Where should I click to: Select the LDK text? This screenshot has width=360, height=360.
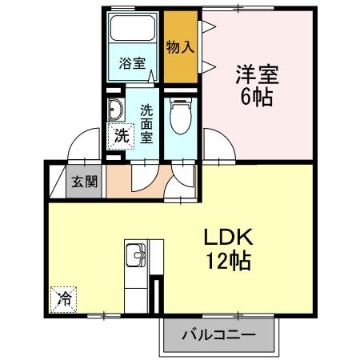coord(229,238)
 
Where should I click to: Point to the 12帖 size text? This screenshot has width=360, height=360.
coord(229,261)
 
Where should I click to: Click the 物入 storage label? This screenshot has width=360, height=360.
coord(181,46)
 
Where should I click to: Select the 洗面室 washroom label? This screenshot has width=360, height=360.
coord(146,124)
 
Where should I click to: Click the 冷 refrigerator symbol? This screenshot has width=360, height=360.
coord(63,301)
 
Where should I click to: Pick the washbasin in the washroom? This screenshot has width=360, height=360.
coord(115,110)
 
